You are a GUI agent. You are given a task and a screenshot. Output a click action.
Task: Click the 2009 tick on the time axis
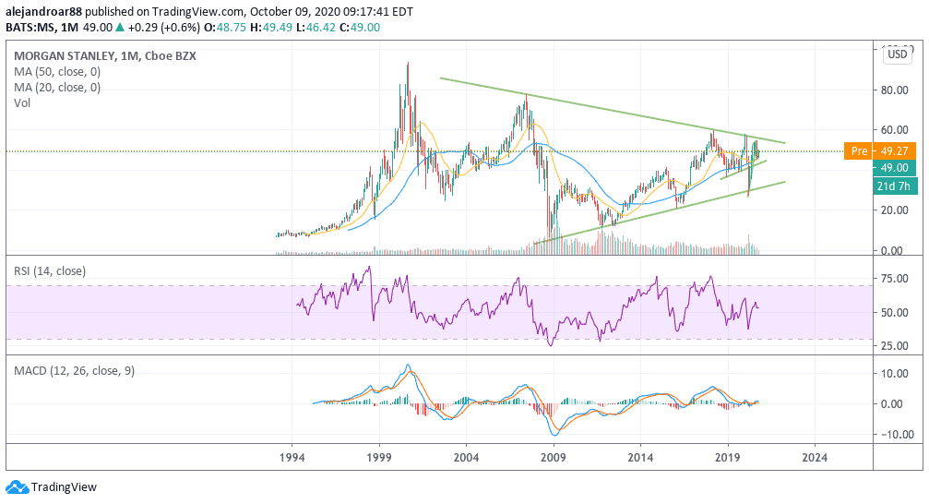[553, 457]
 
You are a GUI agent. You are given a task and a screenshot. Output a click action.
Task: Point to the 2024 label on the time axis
[815, 457]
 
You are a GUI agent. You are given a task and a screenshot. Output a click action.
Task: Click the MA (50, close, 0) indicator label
[57, 71]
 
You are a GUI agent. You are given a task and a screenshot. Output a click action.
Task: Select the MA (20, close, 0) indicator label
[57, 88]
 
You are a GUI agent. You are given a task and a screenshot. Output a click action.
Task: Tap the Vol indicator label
[22, 103]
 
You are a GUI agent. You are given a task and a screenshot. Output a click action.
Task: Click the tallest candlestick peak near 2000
[408, 65]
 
